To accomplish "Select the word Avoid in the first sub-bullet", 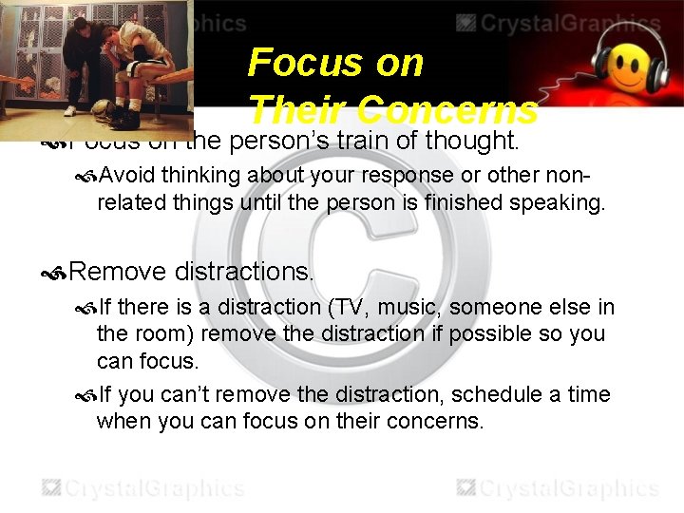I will click(x=127, y=175).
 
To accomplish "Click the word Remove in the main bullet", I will click(x=118, y=272).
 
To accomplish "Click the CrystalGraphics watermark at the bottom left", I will click(x=142, y=488).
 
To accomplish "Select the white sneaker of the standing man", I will click(x=135, y=104).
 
